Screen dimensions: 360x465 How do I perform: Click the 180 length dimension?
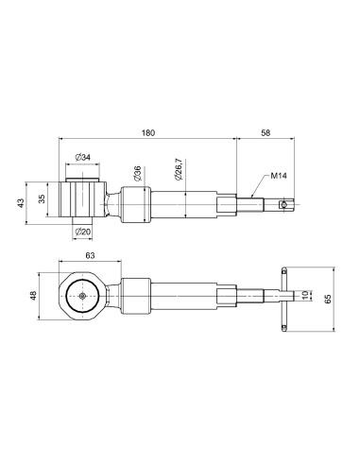point(148,132)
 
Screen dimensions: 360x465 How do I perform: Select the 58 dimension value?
point(266,132)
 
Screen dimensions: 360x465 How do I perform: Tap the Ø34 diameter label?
point(82,157)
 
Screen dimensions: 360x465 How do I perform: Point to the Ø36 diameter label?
point(138,174)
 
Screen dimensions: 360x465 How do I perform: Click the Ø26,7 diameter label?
point(179,169)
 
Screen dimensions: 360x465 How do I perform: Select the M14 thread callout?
point(279,176)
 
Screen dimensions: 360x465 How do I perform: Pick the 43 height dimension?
point(21,203)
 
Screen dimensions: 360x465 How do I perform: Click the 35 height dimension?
point(42,198)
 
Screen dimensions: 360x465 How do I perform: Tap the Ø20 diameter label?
point(83,232)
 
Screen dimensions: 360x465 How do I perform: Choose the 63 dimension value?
point(90,255)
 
